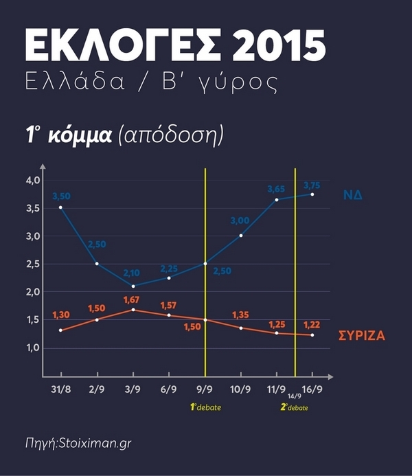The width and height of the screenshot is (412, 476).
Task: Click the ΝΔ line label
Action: pyautogui.click(x=353, y=195)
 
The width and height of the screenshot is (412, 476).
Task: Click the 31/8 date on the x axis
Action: pyautogui.click(x=60, y=389)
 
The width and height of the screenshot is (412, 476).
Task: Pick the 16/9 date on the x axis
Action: pyautogui.click(x=312, y=389)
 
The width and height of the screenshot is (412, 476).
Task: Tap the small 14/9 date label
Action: pyautogui.click(x=293, y=396)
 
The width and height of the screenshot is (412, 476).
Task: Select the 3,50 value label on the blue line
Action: pyautogui.click(x=61, y=196)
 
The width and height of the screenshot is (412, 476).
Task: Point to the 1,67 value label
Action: pyautogui.click(x=133, y=299)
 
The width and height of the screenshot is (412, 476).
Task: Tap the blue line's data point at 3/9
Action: pyautogui.click(x=133, y=286)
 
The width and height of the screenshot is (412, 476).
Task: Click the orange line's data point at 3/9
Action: pyautogui.click(x=133, y=310)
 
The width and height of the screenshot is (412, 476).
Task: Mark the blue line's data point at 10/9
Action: pyautogui.click(x=241, y=236)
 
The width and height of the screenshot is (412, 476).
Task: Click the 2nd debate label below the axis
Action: pyautogui.click(x=295, y=407)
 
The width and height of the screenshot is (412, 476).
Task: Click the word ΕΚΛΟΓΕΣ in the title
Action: pyautogui.click(x=117, y=47)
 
